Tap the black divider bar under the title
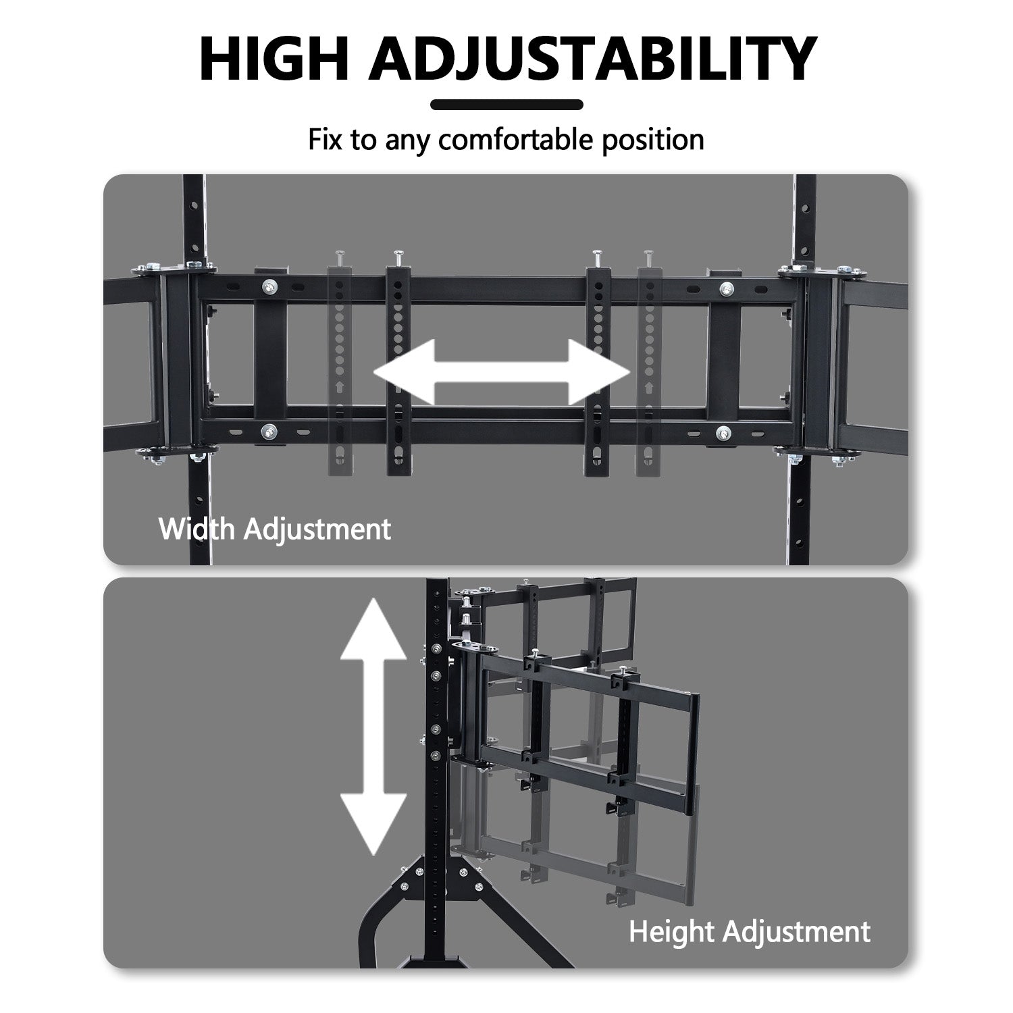506,105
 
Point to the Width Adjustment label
274,528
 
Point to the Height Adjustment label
749,931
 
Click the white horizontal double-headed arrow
501,372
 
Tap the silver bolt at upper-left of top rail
270,286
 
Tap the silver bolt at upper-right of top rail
727,289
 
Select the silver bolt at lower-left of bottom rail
270,430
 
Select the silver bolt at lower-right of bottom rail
723,433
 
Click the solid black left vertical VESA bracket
398,365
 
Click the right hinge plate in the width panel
821,361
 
